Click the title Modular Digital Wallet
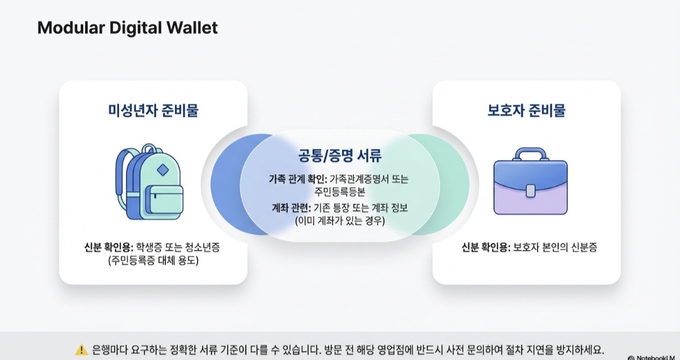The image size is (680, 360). [127, 28]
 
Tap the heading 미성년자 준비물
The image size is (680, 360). [153, 110]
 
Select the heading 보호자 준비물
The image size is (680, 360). [526, 110]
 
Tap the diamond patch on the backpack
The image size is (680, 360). [162, 170]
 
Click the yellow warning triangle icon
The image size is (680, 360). [81, 349]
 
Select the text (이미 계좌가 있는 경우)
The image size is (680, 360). [340, 221]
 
